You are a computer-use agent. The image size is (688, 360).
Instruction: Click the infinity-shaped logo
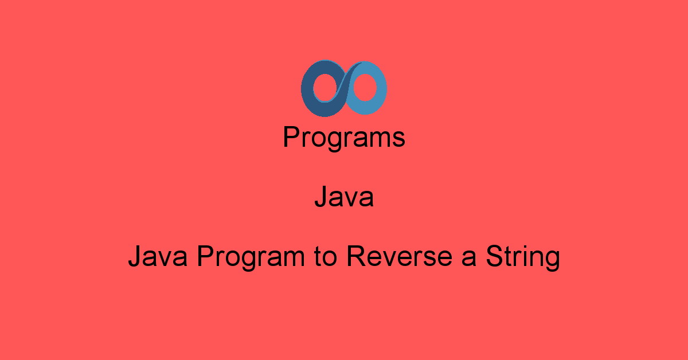tap(344, 88)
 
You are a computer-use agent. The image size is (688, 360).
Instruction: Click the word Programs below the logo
tap(344, 138)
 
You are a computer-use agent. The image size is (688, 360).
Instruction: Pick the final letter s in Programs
tap(400, 140)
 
